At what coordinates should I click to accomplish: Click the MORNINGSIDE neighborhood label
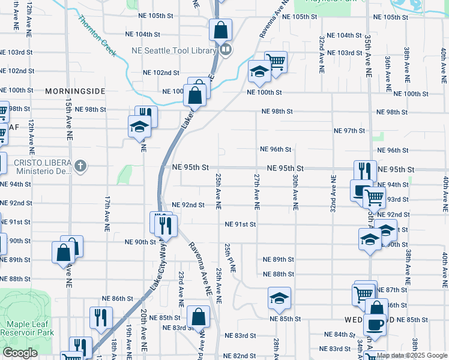point(75,91)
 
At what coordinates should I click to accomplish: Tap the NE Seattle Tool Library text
point(173,50)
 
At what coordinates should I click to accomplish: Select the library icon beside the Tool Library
point(226,50)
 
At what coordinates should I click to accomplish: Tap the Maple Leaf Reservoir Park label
point(27,328)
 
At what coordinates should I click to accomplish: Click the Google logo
point(20,353)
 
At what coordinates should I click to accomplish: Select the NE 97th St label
point(349,131)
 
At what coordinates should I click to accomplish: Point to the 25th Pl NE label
point(230,258)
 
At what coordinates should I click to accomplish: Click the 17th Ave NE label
point(107,214)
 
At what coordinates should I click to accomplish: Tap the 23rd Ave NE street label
point(181,286)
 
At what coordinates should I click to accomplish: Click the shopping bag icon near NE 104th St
point(220,29)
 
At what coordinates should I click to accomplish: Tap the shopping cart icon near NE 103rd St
point(276,62)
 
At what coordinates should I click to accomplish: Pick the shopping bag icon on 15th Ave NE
point(64,253)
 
